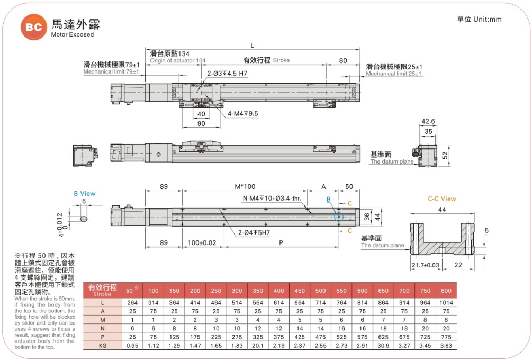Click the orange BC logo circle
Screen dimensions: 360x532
click(33, 27)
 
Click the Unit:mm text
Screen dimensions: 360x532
click(479, 20)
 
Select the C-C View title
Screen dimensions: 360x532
click(442, 199)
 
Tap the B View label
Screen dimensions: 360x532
click(84, 194)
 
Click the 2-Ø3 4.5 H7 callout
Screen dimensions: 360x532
click(227, 74)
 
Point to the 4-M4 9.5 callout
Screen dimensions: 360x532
click(242, 114)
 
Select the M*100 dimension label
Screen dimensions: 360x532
click(245, 187)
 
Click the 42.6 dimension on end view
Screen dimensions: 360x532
click(428, 122)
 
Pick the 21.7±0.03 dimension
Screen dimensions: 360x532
click(425, 265)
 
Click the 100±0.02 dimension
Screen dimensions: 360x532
click(202, 242)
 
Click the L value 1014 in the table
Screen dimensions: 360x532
click(446, 302)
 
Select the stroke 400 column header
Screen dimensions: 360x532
click(279, 291)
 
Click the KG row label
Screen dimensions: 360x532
click(102, 345)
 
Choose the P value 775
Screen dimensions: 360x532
click(446, 337)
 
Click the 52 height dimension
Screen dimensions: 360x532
click(445, 155)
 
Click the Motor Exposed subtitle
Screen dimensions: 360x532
click(72, 34)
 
